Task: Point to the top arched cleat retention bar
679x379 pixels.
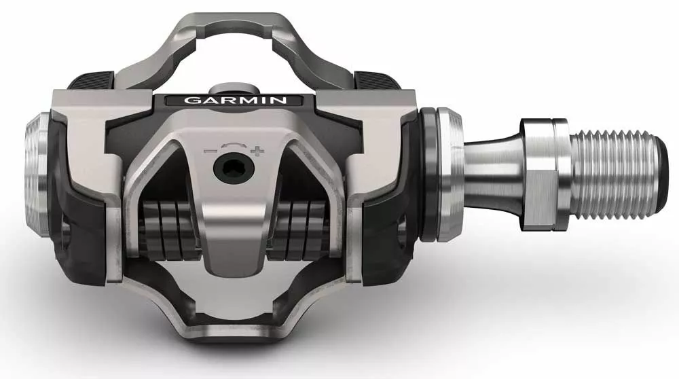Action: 231,24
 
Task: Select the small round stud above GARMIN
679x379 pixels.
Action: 232,89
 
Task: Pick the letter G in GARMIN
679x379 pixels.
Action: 192,101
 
